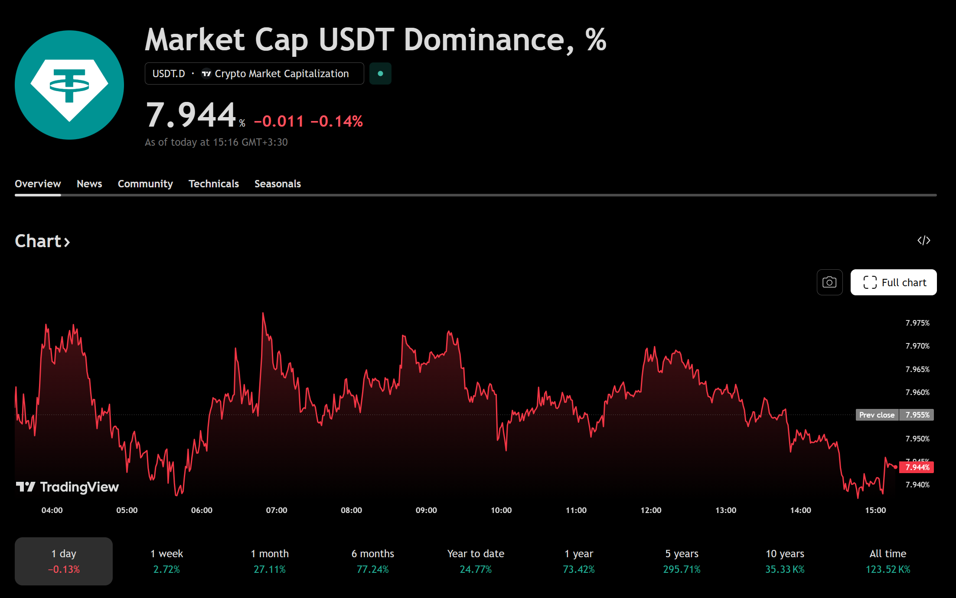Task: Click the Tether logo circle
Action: pyautogui.click(x=69, y=85)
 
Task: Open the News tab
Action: pyautogui.click(x=89, y=184)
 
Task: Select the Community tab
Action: pyautogui.click(x=145, y=184)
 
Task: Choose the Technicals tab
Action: pyautogui.click(x=214, y=184)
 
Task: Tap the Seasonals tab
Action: pyautogui.click(x=277, y=184)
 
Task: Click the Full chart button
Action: pyautogui.click(x=894, y=282)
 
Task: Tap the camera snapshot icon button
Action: pyautogui.click(x=829, y=282)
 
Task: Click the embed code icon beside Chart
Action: pyautogui.click(x=924, y=241)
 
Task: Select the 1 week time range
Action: pyautogui.click(x=166, y=561)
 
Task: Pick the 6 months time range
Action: pyautogui.click(x=373, y=561)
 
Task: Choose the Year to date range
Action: pyautogui.click(x=476, y=561)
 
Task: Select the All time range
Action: pyautogui.click(x=888, y=561)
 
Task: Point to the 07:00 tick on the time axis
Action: pyautogui.click(x=277, y=510)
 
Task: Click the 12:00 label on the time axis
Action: pyautogui.click(x=651, y=510)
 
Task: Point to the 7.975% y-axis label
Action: pyautogui.click(x=917, y=323)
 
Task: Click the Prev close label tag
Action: pyautogui.click(x=877, y=415)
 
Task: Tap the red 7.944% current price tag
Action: pyautogui.click(x=917, y=467)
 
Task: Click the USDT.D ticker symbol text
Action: pyautogui.click(x=169, y=74)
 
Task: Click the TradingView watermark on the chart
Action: pyautogui.click(x=67, y=487)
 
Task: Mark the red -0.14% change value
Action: pyautogui.click(x=336, y=121)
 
